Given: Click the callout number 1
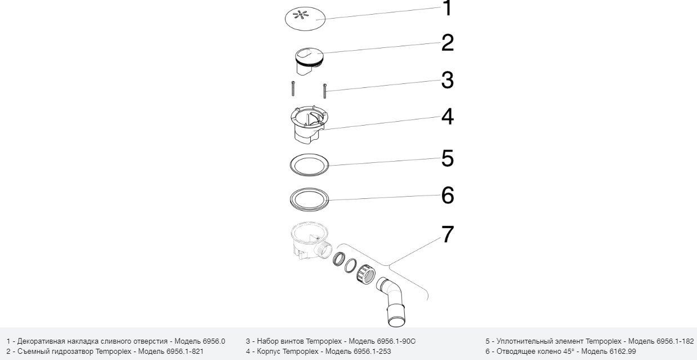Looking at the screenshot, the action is tap(448, 8).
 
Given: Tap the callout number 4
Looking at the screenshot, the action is tap(448, 117).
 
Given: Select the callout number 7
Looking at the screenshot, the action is tap(448, 234).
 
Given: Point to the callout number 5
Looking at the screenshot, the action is tap(448, 158).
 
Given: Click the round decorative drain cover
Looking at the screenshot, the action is tap(305, 19).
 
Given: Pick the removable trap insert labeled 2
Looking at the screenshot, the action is tap(309, 61).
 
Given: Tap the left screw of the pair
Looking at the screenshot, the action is tap(293, 88).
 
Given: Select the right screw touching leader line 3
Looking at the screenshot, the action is tap(325, 91).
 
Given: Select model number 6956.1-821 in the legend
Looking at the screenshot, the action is tap(185, 352).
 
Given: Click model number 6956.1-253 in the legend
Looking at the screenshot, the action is tap(372, 352).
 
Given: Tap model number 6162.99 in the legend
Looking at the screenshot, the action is tap(622, 352).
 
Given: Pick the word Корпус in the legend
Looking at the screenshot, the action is tap(267, 352).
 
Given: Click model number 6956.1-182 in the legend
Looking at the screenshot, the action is tap(675, 341).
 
